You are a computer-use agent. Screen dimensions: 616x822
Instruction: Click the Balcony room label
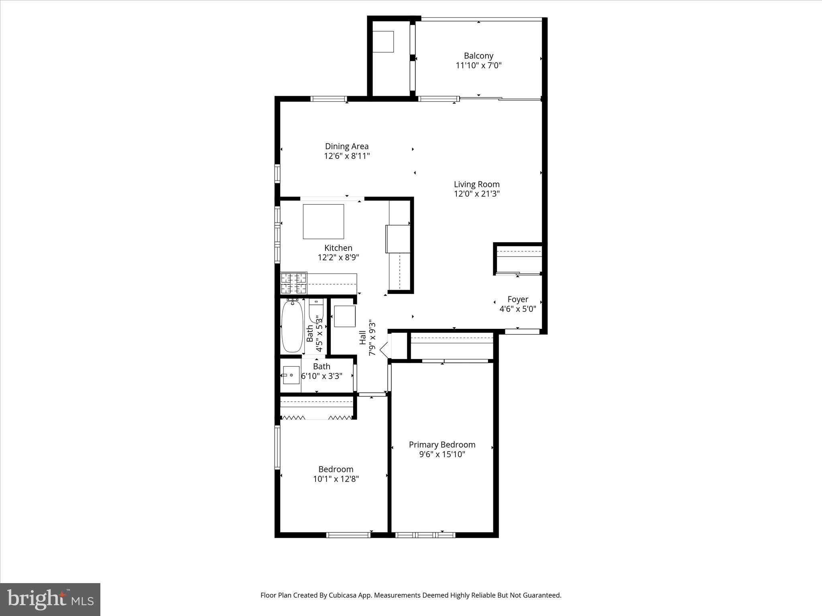pos(478,56)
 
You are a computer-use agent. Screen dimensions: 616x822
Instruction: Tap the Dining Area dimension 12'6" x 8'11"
pos(347,156)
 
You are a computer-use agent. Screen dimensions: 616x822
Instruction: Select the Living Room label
pos(476,184)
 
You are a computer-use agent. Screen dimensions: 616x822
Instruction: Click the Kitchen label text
pos(338,248)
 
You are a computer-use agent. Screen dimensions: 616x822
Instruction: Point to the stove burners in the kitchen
pos(293,283)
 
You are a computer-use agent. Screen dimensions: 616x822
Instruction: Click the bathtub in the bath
pos(292,327)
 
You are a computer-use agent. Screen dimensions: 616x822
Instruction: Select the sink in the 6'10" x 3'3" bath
pos(291,375)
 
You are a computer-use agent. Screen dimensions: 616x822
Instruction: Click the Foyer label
pos(518,299)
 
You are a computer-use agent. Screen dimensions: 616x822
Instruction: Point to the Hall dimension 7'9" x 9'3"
pos(372,337)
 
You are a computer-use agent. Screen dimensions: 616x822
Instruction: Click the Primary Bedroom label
pos(442,444)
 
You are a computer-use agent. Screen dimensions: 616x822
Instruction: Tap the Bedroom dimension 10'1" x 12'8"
pos(336,479)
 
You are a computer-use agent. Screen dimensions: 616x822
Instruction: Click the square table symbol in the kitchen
pos(323,221)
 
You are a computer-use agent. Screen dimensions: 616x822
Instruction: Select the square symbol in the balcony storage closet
pos(383,41)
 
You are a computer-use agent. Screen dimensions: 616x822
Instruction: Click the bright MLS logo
pos(50,599)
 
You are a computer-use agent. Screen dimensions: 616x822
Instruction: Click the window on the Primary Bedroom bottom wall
pos(425,535)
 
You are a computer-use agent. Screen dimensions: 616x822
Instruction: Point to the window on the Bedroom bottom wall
pos(348,535)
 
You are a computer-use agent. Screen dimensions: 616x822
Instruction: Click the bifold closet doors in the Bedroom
pos(317,418)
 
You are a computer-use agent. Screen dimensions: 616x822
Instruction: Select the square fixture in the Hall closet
pos(344,316)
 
